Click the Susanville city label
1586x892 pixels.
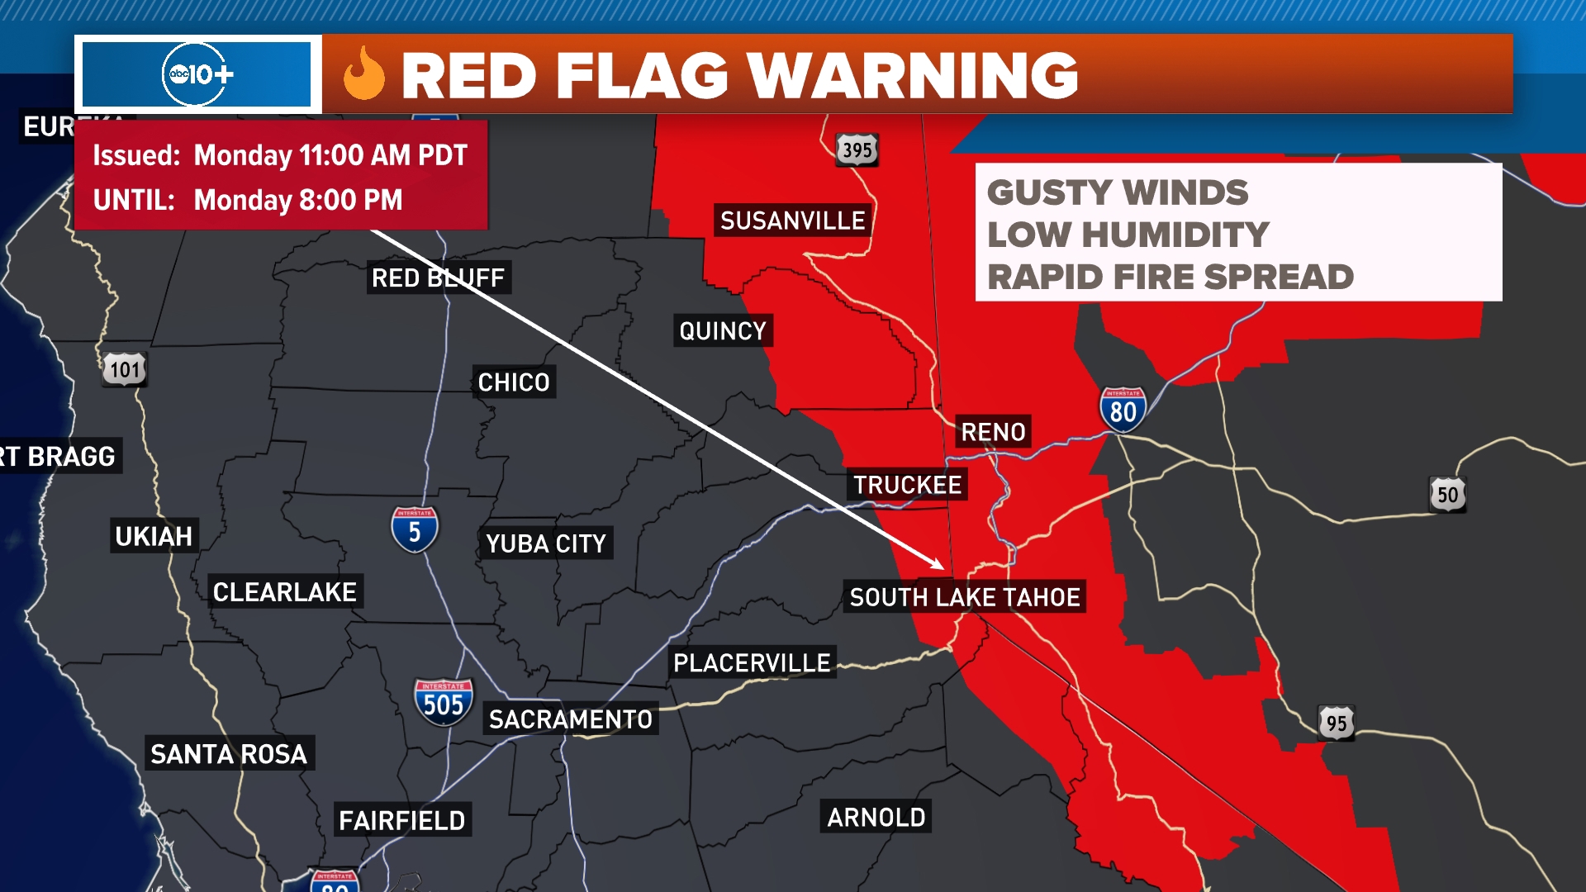[792, 221]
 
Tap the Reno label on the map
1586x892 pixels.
[993, 432]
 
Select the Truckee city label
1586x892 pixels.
[907, 485]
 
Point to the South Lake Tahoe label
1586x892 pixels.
[965, 597]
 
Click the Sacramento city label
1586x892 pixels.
[571, 719]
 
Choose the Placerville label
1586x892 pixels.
[752, 662]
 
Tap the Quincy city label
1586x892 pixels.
[723, 331]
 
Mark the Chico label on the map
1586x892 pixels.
[514, 382]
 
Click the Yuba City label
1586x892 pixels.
[546, 543]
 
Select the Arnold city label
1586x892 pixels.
[876, 817]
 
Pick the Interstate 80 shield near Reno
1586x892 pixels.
[1123, 409]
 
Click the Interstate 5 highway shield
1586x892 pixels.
[415, 530]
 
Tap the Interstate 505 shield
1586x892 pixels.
[444, 703]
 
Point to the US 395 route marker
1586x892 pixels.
[857, 150]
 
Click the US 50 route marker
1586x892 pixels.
[1447, 495]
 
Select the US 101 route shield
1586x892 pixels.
[125, 369]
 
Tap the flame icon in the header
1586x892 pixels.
[364, 74]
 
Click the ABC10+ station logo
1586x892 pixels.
[198, 75]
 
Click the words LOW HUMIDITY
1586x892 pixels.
[1128, 235]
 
